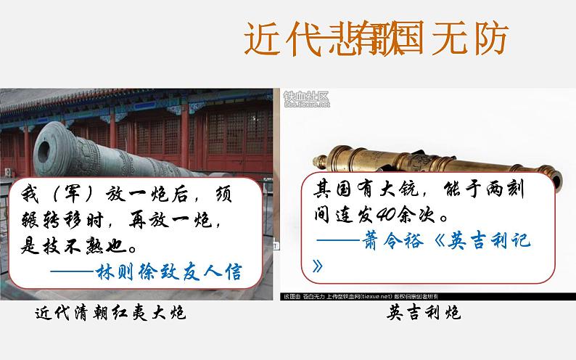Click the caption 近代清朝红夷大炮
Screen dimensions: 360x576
[111, 314]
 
